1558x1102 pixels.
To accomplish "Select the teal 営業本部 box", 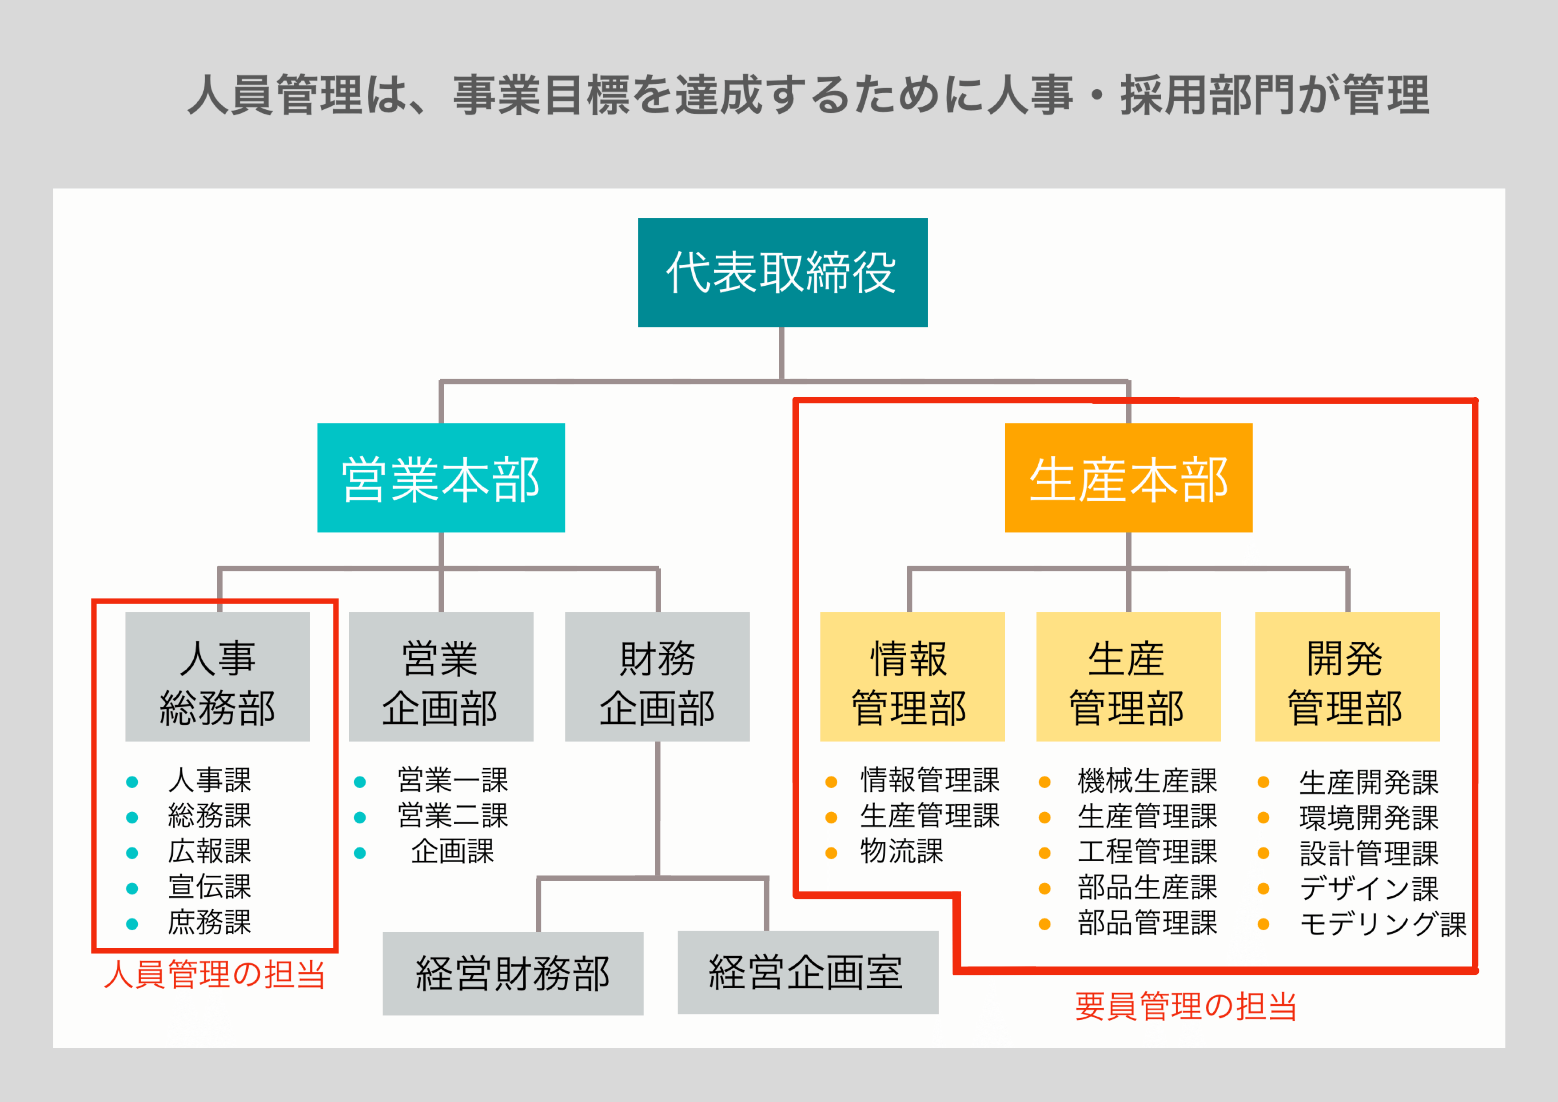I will (441, 478).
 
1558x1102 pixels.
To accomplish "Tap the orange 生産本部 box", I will (1128, 478).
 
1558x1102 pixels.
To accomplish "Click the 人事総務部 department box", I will (217, 677).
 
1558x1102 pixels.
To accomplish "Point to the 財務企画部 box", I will (657, 677).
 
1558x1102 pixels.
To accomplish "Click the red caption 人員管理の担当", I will (215, 974).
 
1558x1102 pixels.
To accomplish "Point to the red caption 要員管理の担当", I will (1185, 1006).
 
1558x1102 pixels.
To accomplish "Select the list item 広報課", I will (210, 851).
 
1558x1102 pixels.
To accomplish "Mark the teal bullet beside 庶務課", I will (132, 923).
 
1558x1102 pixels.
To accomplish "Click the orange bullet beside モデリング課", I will (1263, 923).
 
